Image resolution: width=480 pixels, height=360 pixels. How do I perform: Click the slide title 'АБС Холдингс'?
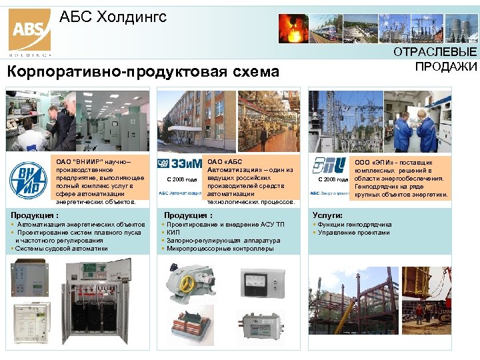pos(113,17)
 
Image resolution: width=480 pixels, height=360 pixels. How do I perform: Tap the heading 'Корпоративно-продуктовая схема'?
pos(142,71)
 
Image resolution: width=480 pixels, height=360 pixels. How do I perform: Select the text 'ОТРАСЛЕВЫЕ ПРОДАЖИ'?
pos(446,59)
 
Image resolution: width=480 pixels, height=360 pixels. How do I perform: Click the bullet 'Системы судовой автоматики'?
pos(60,249)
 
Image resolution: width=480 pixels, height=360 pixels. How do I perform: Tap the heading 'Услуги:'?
pos(328,215)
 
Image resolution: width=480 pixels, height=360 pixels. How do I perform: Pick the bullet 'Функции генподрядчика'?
pos(355,225)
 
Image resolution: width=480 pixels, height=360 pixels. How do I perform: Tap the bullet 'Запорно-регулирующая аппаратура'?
pos(223,241)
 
